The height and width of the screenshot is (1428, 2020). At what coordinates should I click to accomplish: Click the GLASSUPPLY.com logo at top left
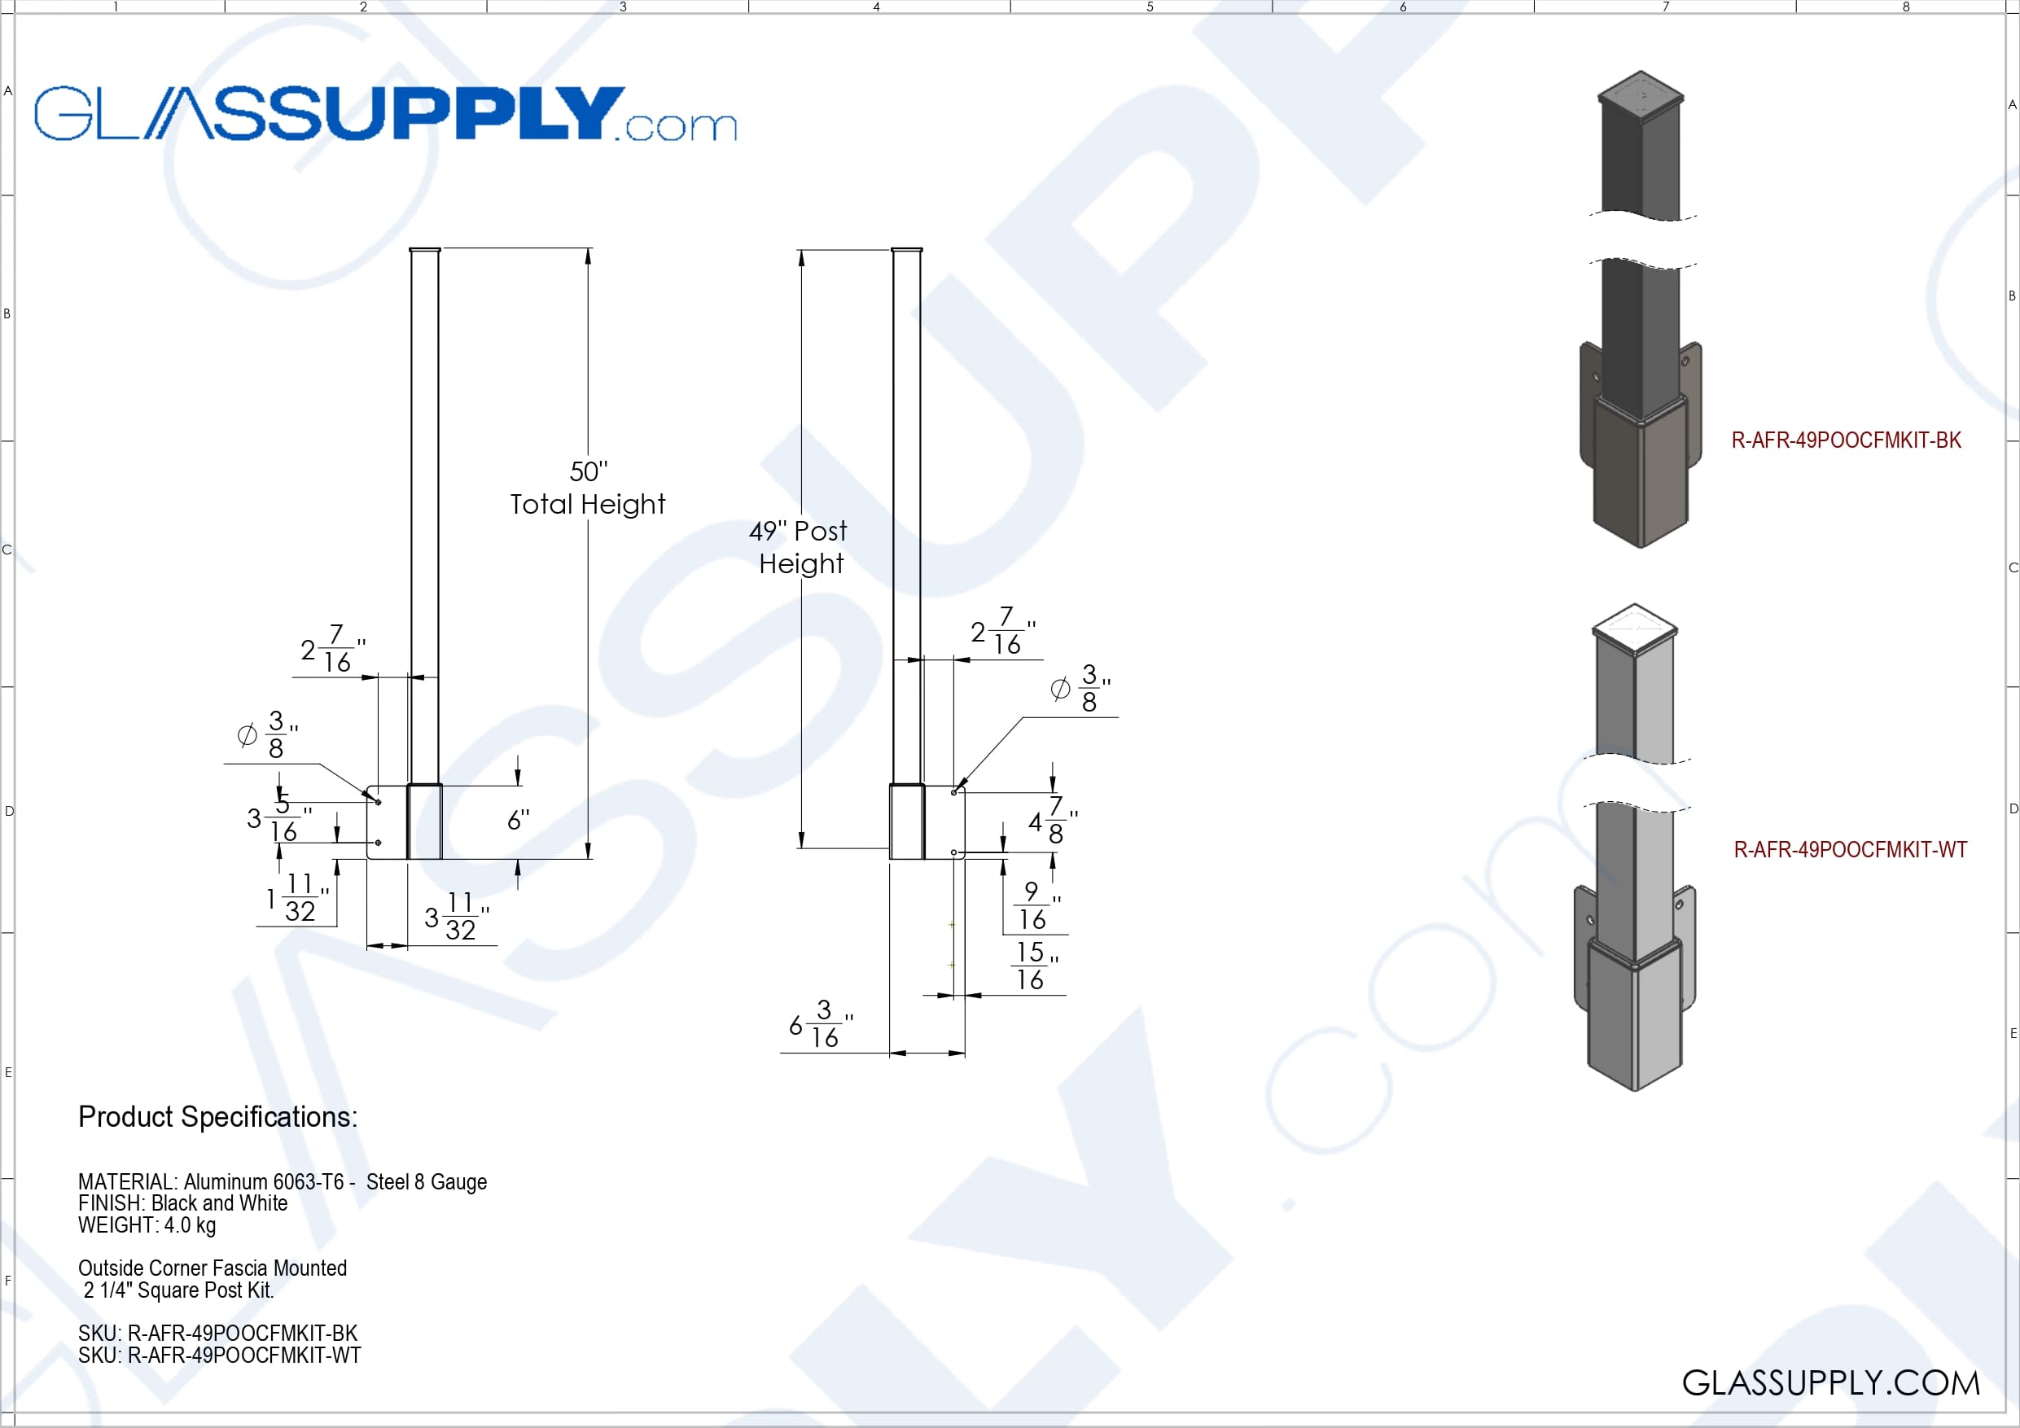(384, 113)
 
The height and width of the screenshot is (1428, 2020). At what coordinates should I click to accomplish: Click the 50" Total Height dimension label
(588, 488)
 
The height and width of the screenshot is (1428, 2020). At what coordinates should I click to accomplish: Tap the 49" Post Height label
(799, 546)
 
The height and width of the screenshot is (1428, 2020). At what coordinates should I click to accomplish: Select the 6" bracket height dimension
(517, 821)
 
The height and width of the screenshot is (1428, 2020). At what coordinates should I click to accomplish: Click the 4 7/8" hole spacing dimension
(1052, 821)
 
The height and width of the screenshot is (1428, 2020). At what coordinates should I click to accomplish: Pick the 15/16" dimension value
(1032, 966)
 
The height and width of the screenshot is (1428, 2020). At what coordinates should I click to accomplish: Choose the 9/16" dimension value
(1034, 906)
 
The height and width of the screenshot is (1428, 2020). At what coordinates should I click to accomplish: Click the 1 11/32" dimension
(296, 897)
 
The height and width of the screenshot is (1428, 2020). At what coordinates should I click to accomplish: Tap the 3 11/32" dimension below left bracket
(456, 917)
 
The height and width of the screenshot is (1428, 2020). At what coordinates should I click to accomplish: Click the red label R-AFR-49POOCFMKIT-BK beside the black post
(1846, 440)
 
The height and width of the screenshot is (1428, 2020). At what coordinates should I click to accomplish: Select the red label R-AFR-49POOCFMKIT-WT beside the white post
(1850, 850)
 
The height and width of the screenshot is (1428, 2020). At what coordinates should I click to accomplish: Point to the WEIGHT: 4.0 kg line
(147, 1225)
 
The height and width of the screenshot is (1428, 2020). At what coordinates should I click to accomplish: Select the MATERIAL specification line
(283, 1181)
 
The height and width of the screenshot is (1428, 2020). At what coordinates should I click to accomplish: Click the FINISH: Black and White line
(183, 1203)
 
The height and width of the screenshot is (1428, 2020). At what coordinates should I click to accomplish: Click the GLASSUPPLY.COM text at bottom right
(1831, 1383)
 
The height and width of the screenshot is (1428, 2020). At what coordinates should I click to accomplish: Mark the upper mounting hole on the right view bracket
(953, 793)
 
